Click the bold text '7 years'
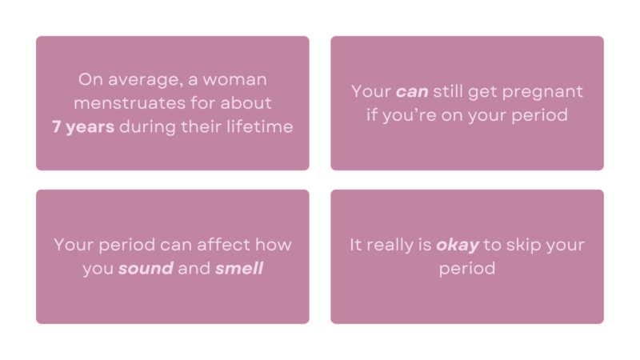coord(84,127)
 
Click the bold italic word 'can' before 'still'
coord(412,92)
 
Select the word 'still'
coord(454,92)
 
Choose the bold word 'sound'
coord(146,269)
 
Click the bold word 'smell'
coord(239,269)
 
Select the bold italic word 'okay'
coord(458,245)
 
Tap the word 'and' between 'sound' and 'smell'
coord(194,269)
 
